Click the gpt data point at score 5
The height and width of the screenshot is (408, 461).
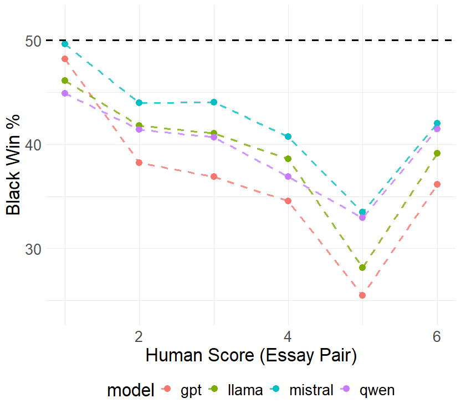(362, 295)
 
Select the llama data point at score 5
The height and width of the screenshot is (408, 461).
(362, 268)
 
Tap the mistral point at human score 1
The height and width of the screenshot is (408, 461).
(65, 44)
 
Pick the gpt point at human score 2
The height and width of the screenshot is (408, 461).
(139, 163)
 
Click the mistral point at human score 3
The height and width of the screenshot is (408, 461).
(214, 102)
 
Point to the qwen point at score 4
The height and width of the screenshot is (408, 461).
(288, 177)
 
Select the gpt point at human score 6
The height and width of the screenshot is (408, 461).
(437, 184)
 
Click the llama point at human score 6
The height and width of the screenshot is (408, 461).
(437, 153)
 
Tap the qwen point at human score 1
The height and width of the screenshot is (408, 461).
(65, 93)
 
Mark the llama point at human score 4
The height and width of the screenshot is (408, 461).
(288, 159)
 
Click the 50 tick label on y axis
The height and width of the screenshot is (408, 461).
(33, 41)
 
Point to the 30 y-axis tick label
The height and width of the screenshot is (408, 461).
(33, 249)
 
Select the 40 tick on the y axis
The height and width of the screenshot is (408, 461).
(33, 145)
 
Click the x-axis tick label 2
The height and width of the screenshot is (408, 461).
(139, 336)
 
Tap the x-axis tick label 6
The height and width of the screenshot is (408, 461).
(437, 336)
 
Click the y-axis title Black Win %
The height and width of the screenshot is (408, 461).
(13, 165)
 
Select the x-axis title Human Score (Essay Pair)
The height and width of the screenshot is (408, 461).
(251, 356)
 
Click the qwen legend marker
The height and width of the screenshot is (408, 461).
(347, 389)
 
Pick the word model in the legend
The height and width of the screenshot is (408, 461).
(131, 390)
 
